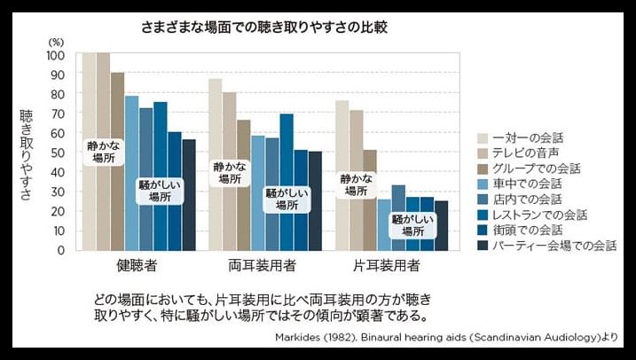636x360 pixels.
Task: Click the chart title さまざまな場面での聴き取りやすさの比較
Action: (x=263, y=27)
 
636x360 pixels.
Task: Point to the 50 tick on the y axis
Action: (x=58, y=153)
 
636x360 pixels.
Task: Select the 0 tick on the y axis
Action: (x=61, y=250)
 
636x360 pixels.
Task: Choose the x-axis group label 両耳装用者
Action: (x=264, y=266)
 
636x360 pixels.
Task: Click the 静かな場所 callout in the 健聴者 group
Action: (x=103, y=151)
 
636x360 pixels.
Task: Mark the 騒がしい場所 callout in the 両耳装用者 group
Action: (x=287, y=198)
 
